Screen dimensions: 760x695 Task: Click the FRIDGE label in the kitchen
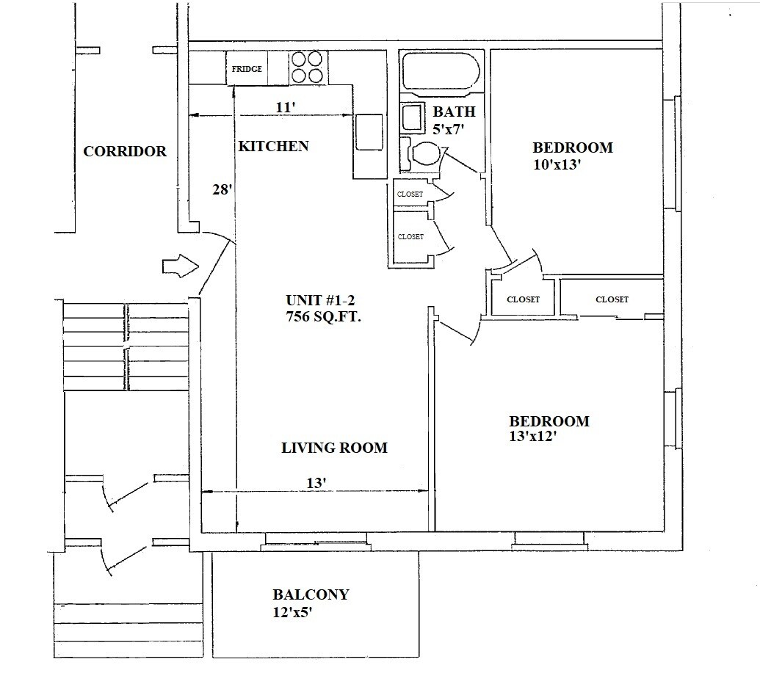pos(247,69)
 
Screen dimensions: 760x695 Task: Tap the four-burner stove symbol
pos(308,68)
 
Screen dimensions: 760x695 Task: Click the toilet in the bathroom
pos(425,153)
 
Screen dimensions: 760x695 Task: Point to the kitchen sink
pos(369,132)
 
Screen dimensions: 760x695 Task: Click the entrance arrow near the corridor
pos(181,266)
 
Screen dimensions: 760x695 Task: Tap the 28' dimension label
pos(222,189)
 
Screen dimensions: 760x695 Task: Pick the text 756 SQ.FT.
pos(323,316)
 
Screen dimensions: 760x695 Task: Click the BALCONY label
pos(311,594)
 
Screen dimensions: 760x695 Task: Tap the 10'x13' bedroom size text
pos(557,164)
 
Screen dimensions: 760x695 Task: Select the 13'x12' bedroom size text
pos(532,437)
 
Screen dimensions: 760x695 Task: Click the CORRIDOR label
pos(125,151)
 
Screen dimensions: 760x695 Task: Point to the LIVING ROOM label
pos(334,448)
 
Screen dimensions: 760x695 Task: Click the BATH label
pos(454,112)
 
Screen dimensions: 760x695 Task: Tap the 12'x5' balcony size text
pos(292,612)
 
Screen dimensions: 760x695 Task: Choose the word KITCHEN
pos(273,146)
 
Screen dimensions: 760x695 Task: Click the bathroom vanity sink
pos(412,117)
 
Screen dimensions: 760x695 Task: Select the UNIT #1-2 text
pos(320,299)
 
